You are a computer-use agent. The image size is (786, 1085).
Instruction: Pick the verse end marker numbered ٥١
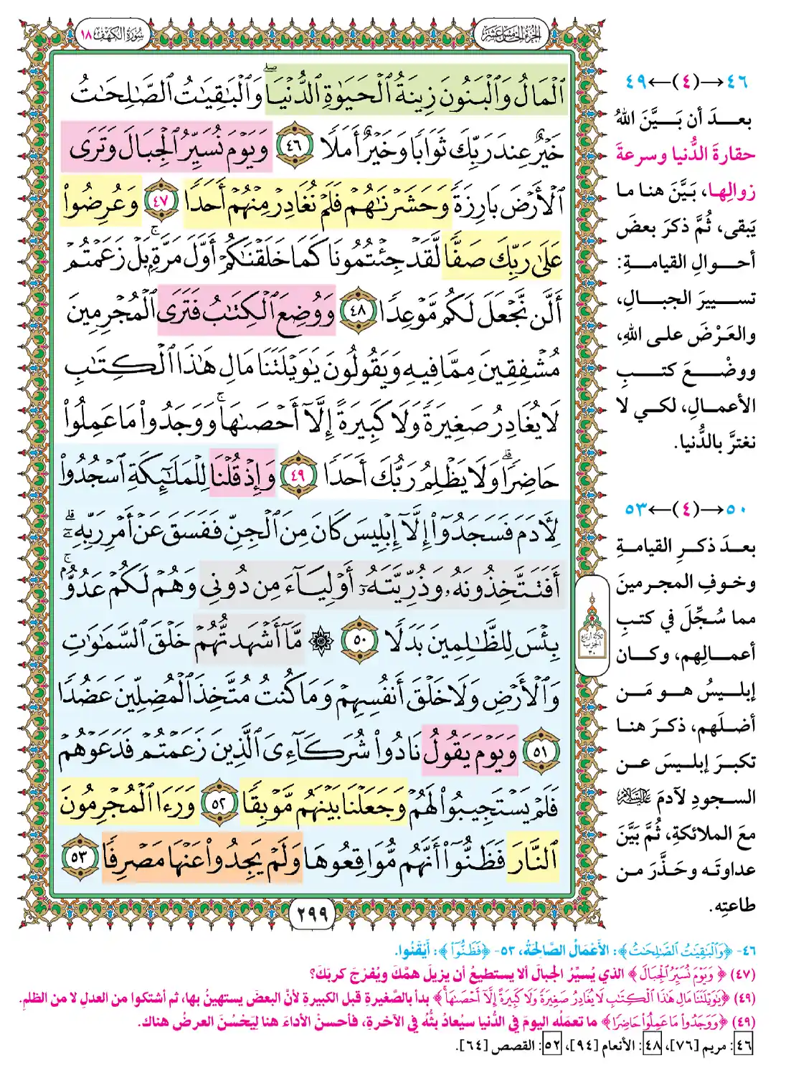[539, 752]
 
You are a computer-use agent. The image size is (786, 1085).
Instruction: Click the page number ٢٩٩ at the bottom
[311, 913]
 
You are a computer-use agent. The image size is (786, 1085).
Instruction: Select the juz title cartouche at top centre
[511, 34]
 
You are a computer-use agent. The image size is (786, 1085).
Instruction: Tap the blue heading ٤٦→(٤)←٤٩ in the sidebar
[686, 82]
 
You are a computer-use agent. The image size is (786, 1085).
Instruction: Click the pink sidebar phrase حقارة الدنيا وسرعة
[685, 154]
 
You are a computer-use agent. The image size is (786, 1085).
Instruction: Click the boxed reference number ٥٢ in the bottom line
[551, 1046]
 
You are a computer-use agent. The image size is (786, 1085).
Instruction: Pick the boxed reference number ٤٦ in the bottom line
[744, 1046]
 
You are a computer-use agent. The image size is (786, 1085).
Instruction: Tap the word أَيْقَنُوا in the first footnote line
[413, 951]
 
